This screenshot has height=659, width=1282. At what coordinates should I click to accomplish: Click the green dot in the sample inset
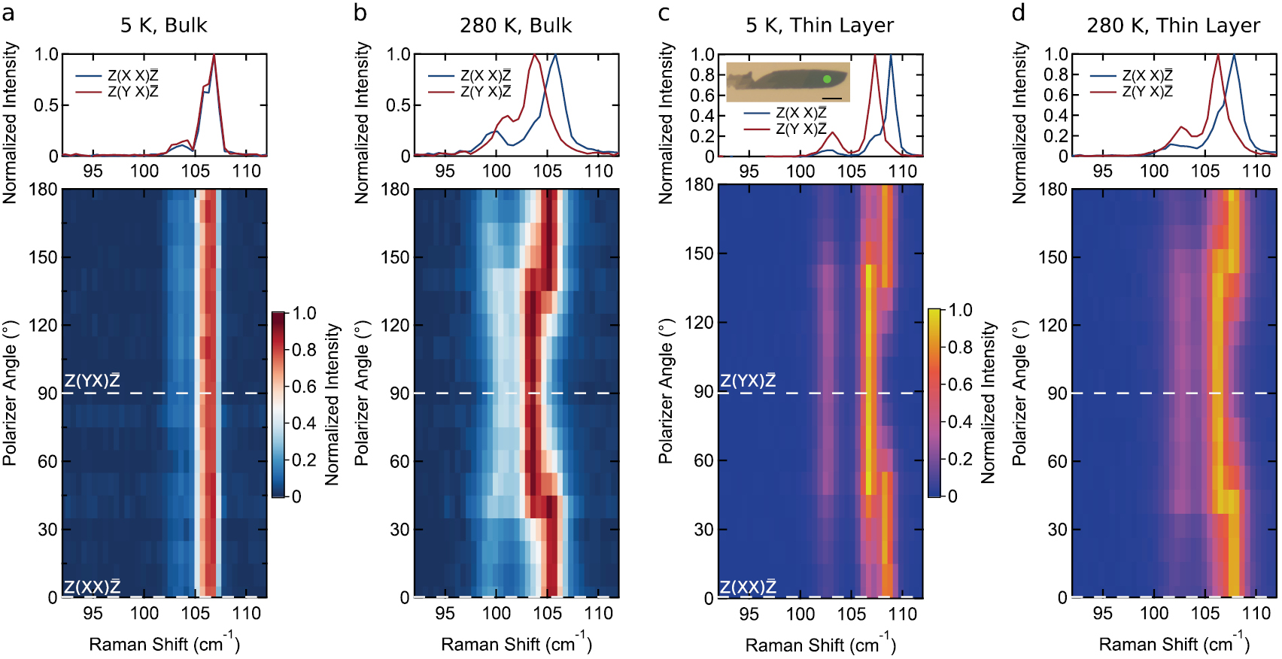point(827,78)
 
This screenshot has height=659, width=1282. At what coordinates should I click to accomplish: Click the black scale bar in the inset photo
point(832,98)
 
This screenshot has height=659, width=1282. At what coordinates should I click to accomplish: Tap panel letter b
point(360,13)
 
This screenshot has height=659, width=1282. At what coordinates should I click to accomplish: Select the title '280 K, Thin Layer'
point(1173,26)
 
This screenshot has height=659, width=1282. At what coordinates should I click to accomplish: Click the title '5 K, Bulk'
point(163,26)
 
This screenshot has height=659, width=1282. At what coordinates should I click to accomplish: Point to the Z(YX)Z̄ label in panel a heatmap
point(92,381)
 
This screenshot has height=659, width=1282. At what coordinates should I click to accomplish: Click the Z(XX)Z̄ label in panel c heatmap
point(748,587)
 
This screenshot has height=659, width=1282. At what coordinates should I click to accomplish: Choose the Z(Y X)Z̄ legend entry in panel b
point(485,92)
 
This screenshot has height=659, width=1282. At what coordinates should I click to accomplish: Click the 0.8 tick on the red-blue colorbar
point(304,350)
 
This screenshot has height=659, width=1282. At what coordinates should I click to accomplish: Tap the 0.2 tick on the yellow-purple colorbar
point(960,459)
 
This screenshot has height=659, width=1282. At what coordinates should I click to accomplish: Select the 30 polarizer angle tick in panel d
point(1057,529)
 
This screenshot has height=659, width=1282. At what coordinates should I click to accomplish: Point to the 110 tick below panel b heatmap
point(598,613)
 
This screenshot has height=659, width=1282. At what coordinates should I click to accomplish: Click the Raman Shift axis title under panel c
point(820,645)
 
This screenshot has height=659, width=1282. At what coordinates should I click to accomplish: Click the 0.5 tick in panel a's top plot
point(46,105)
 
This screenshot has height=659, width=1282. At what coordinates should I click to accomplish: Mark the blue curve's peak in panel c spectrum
point(891,55)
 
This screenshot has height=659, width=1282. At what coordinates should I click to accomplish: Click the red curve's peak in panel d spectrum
point(1217,55)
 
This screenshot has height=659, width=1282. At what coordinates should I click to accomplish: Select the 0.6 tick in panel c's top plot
point(703,95)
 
